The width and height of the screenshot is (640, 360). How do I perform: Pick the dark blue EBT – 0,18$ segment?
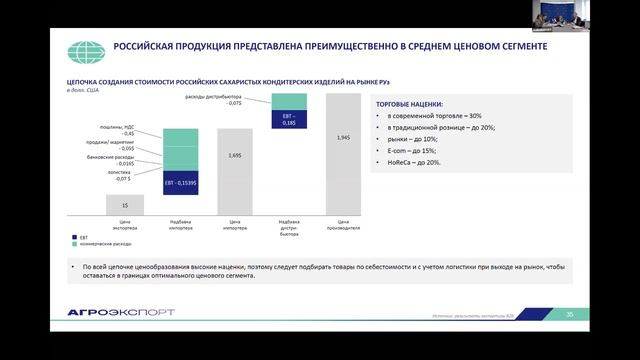[289, 118]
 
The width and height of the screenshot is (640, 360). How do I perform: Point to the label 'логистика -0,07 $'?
[119, 176]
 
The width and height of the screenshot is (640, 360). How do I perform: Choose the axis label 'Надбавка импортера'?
[180, 224]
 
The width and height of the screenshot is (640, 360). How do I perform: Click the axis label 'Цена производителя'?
[343, 224]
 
